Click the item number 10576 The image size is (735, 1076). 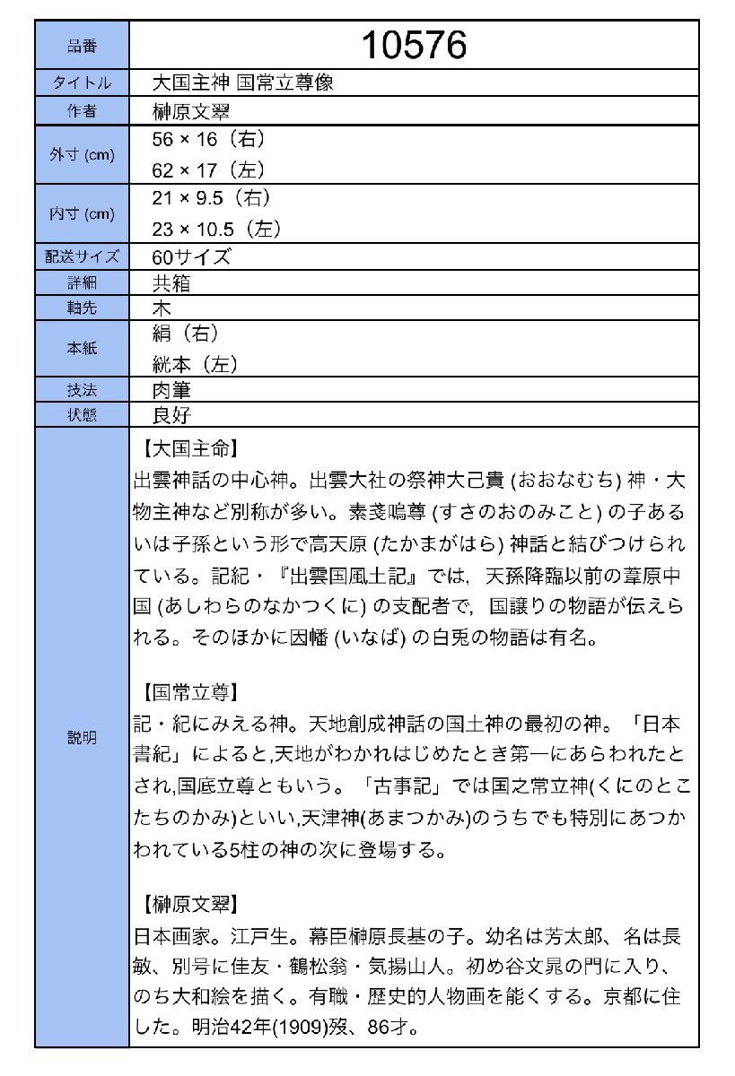414,44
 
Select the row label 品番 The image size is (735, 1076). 82,45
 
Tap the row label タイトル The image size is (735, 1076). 82,83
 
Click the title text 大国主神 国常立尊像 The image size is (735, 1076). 243,83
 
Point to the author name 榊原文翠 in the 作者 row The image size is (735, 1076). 191,111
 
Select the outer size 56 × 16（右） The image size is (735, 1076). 208,140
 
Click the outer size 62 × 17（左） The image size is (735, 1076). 208,169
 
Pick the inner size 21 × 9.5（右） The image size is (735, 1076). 212,198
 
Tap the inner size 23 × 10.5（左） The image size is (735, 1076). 217,228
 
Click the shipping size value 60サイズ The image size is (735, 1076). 191,256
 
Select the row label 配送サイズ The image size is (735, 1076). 82,257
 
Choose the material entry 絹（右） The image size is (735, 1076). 186,334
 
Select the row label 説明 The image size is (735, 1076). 82,738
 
